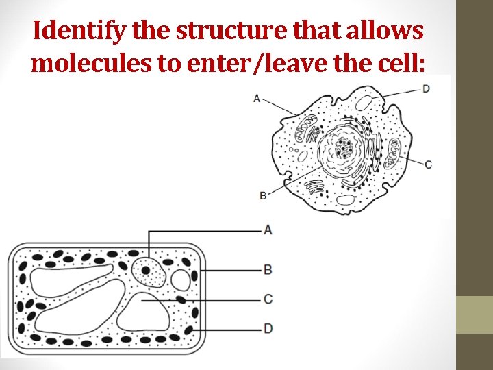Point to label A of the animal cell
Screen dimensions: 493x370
[257, 98]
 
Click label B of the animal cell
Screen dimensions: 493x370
[263, 196]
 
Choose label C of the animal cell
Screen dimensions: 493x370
[428, 164]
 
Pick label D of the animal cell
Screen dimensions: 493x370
[426, 88]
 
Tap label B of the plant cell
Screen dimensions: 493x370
[268, 269]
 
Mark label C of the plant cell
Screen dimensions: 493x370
[268, 299]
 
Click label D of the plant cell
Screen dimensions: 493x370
[268, 329]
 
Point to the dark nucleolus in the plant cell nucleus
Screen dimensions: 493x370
[146, 271]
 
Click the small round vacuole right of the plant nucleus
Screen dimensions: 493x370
[181, 280]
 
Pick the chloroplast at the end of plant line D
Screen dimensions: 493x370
[188, 330]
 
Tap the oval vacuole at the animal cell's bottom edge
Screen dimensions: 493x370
[346, 200]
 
